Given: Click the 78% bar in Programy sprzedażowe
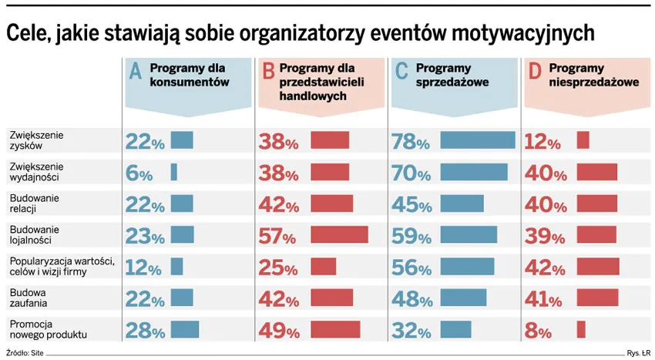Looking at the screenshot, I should [477, 140].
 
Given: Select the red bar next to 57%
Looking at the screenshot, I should [339, 234].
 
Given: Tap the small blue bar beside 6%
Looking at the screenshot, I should [173, 172].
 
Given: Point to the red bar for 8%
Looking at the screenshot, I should [581, 329].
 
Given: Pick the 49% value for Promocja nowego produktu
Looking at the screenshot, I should [278, 331].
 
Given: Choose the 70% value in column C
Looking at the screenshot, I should [411, 173].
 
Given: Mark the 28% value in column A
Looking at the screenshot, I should [145, 331].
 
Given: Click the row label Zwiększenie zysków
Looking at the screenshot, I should [36, 140].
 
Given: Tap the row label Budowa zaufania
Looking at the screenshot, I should [29, 298].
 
